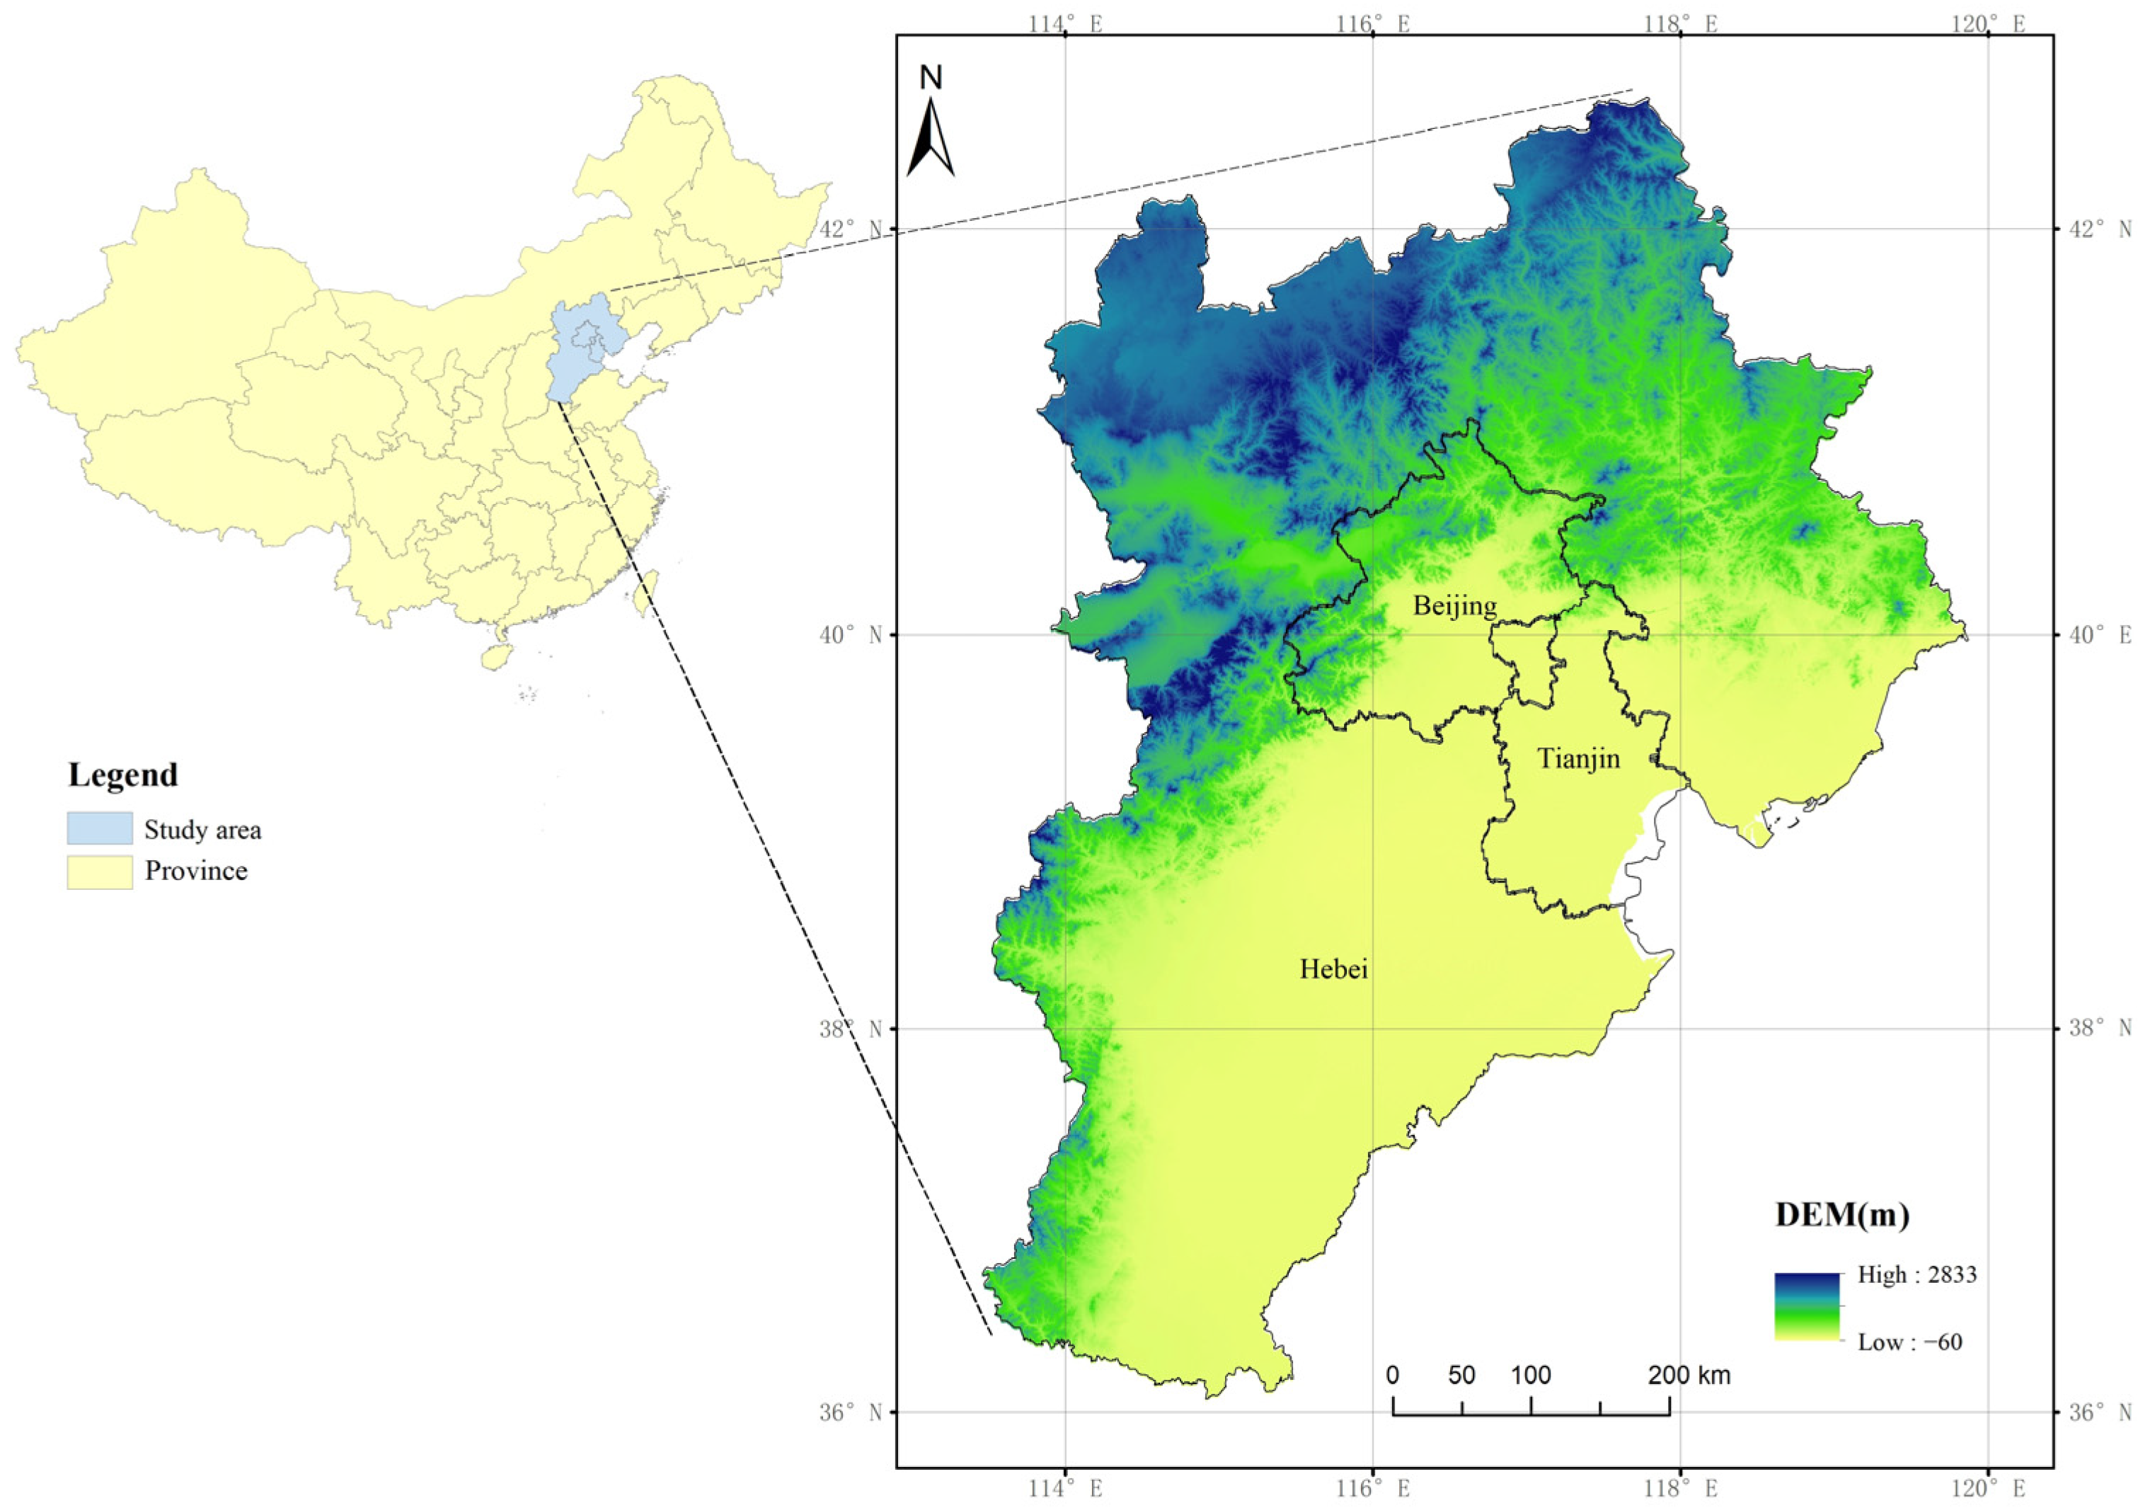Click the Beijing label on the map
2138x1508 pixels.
coord(1454,606)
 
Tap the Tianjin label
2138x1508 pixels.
coord(1578,759)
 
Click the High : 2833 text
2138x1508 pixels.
coord(1916,1275)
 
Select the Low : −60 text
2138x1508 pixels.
coord(1909,1342)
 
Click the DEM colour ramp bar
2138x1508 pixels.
coord(1807,1307)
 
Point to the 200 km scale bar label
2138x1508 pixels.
coord(1688,1376)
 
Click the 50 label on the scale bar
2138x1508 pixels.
coord(1461,1376)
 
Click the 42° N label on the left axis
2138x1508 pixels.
coord(850,229)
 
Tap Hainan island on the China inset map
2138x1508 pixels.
coord(495,655)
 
